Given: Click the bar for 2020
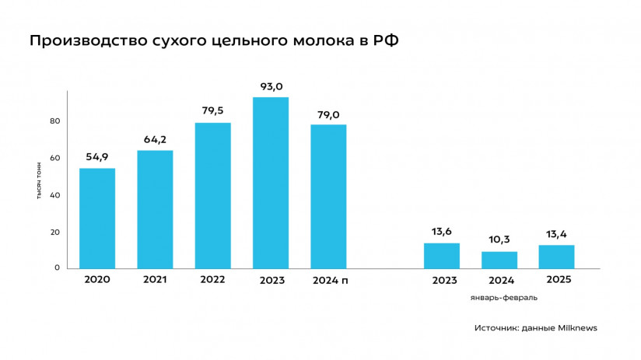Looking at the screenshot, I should click(97, 218).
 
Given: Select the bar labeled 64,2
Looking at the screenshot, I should click(155, 209).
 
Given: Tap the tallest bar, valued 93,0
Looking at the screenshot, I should click(271, 183).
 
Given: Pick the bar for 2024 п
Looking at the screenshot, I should click(328, 197).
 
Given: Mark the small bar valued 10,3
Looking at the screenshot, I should click(499, 260).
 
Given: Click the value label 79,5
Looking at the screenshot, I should click(212, 111).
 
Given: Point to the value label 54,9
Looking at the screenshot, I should click(97, 157).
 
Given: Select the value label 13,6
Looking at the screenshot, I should click(441, 232).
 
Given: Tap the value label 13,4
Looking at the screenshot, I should click(556, 234).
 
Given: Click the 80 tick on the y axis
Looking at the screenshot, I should click(55, 121).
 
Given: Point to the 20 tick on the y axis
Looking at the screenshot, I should click(55, 232).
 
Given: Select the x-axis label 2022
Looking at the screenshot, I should click(212, 280).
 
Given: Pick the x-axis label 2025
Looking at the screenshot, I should click(556, 280).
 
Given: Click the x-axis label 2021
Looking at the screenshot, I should click(155, 280).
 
